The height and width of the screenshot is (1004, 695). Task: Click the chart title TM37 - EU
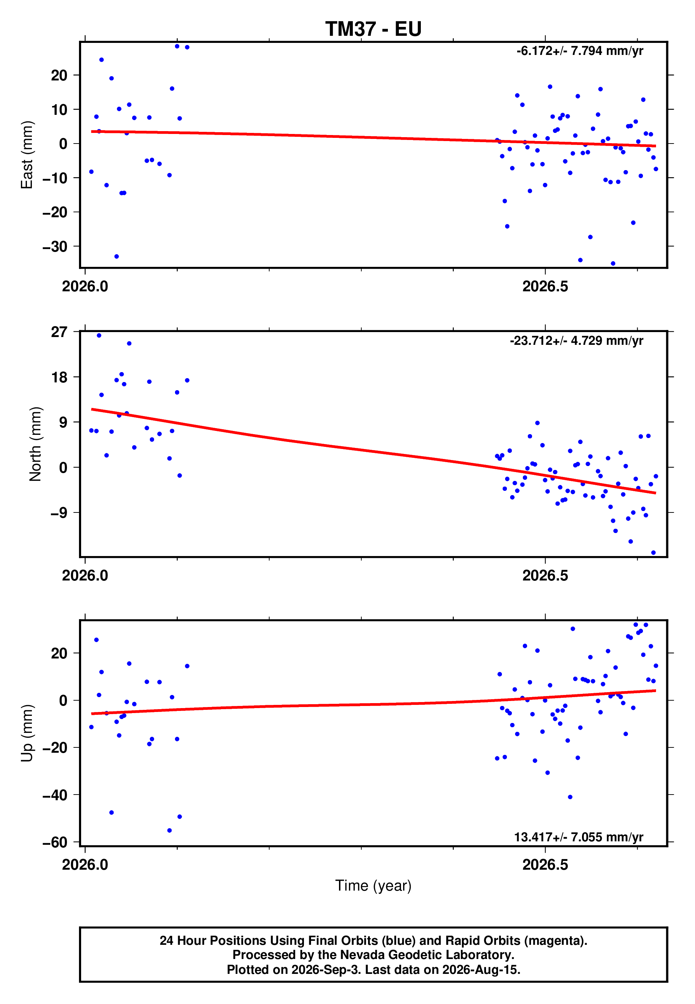tap(373, 29)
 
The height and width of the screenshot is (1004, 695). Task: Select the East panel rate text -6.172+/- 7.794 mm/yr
tap(580, 51)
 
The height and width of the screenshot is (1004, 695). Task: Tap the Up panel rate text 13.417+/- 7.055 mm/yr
tap(578, 837)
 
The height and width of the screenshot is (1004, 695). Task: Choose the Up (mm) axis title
tap(27, 733)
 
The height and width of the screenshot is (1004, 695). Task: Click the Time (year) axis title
tap(373, 886)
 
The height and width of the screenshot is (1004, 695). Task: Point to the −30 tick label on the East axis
tap(55, 247)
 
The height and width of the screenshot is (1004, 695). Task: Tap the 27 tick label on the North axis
tap(59, 332)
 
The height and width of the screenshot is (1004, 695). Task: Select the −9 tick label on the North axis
tap(59, 513)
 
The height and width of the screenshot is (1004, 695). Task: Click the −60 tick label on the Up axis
tap(55, 842)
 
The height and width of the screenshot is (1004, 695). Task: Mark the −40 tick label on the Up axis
tap(55, 795)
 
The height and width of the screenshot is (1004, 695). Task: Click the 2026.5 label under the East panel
tap(545, 287)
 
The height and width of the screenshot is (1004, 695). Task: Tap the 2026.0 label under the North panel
tap(85, 576)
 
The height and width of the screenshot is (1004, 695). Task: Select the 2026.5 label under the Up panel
tap(545, 865)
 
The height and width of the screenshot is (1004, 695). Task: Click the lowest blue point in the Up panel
tap(169, 830)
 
